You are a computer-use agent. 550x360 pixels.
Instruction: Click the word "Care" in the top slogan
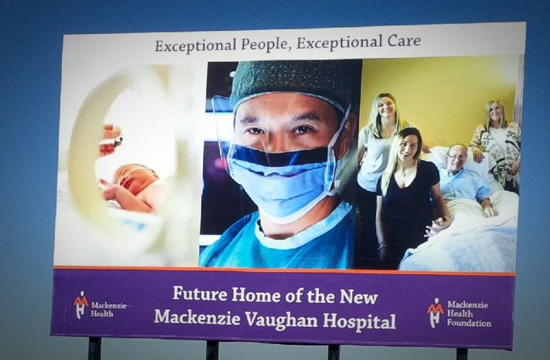point(404,42)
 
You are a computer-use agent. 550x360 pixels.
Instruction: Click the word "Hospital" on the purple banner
point(359,321)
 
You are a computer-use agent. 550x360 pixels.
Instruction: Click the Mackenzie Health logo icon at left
point(80,304)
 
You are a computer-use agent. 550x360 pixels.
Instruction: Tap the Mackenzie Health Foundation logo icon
point(436,313)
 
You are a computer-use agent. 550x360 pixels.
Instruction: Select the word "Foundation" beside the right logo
point(469,323)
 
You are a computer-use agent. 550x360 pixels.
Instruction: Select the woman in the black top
point(409,196)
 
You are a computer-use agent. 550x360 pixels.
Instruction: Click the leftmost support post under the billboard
point(94,348)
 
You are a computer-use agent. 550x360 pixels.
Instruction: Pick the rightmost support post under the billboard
point(462,353)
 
